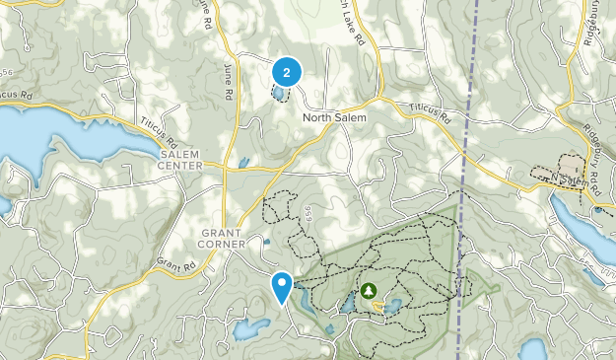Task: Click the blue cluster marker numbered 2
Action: [x=286, y=72]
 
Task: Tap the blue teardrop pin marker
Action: [x=282, y=287]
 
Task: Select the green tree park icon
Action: [x=369, y=290]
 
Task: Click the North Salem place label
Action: [x=334, y=118]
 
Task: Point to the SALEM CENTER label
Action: [x=179, y=160]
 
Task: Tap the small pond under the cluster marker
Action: [x=279, y=95]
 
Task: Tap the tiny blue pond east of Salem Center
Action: [x=242, y=163]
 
